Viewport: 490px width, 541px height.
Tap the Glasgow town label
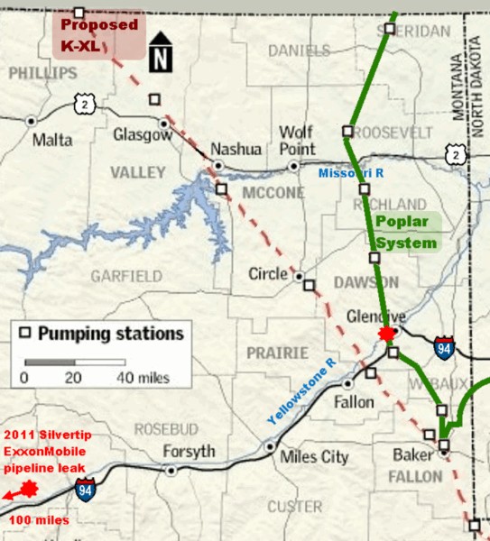143,134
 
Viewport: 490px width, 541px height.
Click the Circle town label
268,273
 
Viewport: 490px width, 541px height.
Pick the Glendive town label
375,316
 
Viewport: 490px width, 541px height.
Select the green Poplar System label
406,232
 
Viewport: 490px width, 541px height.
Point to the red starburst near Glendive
388,335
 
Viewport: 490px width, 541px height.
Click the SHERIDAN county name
422,30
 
